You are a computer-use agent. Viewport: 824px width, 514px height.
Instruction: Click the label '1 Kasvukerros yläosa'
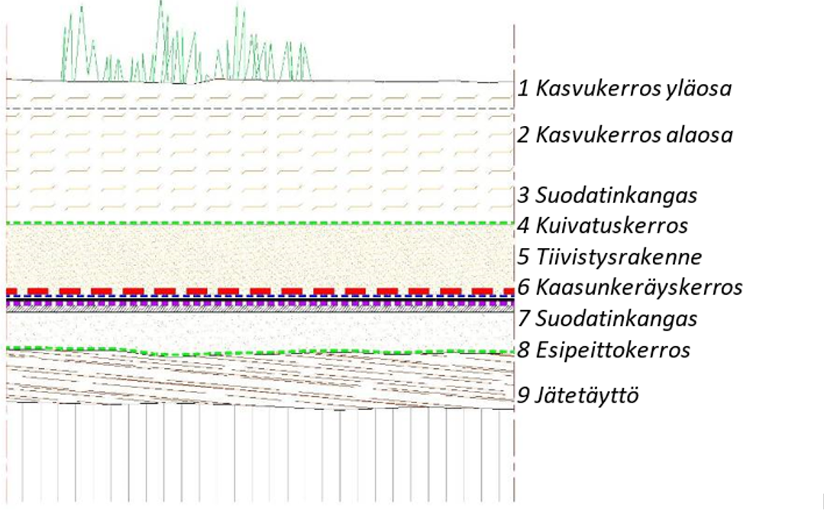(x=625, y=89)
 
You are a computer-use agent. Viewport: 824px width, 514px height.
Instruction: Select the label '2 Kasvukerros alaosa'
(x=625, y=136)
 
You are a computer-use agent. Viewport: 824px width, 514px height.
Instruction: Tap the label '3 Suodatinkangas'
(x=608, y=196)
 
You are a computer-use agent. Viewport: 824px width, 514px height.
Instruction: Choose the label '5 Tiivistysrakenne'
(x=609, y=256)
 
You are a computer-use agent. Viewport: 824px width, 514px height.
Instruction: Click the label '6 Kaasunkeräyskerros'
(x=630, y=288)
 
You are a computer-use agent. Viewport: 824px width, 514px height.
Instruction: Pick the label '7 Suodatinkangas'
(x=608, y=318)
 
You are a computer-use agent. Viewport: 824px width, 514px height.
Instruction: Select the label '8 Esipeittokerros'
(x=604, y=351)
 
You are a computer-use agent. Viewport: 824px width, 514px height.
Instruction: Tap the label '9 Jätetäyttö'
(x=578, y=396)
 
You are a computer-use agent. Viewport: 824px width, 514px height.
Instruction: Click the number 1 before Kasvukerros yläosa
(x=523, y=89)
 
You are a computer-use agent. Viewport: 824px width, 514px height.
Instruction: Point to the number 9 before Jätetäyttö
(x=523, y=396)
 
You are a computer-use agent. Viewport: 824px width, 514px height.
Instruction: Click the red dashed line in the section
(x=260, y=291)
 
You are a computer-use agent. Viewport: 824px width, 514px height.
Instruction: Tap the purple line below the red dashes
(x=260, y=303)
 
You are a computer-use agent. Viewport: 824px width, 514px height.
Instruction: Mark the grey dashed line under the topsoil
(x=260, y=109)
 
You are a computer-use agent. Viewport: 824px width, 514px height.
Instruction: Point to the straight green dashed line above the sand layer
(x=260, y=223)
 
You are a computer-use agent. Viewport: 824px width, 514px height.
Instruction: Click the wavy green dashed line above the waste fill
(x=260, y=351)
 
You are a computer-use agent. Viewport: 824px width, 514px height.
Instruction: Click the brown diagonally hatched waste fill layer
(x=260, y=378)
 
